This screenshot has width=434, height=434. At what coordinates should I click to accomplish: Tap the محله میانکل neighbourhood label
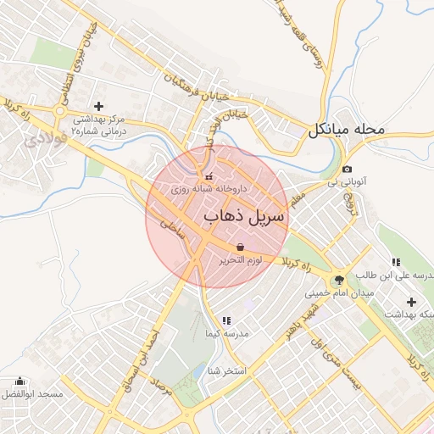coord(347,131)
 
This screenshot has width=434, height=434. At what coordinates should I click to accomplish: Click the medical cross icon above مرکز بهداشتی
coord(99,106)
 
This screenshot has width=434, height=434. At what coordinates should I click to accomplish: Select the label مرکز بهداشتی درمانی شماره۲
coord(99,125)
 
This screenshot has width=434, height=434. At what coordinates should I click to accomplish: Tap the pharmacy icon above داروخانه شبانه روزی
coord(209,175)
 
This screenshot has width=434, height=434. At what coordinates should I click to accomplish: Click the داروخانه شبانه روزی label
coord(209,189)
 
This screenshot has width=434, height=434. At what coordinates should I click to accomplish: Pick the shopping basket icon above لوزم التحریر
coord(241,247)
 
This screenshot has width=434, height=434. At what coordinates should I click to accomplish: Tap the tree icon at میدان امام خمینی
coord(339,280)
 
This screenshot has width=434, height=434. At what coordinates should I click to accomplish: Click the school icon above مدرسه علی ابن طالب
coord(395,261)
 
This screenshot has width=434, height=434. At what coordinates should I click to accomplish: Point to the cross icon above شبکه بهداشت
coord(412,302)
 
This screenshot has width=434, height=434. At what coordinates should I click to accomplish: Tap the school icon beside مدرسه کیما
coord(226,320)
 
